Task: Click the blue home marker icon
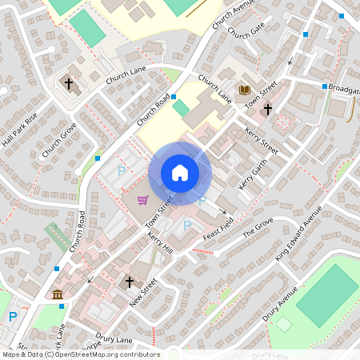(x=180, y=173)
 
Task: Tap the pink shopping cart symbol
(x=142, y=200)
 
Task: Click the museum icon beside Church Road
(x=58, y=295)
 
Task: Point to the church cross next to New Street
(x=130, y=282)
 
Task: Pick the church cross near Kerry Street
(x=267, y=108)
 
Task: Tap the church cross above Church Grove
(x=69, y=83)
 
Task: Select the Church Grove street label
(x=58, y=139)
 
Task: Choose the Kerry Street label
(x=261, y=140)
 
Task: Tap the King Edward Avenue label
(x=298, y=233)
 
